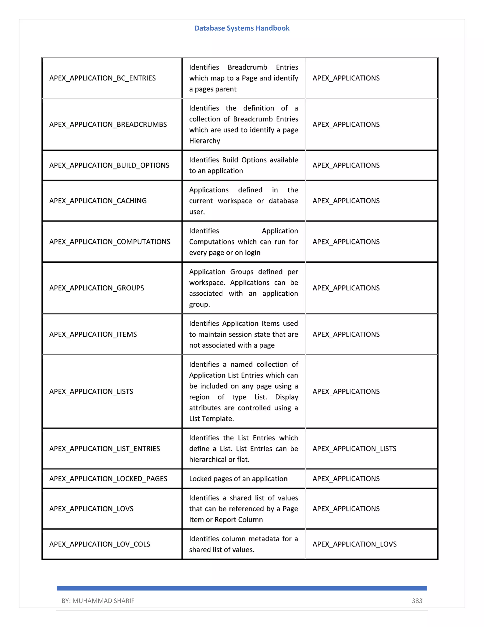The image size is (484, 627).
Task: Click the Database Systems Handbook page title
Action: (x=242, y=28)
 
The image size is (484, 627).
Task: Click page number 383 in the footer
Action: (x=417, y=601)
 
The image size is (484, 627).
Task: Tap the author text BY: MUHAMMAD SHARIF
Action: (x=98, y=601)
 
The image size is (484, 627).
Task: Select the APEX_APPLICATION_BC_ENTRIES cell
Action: (x=102, y=78)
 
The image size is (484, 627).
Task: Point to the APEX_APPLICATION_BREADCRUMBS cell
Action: (x=108, y=124)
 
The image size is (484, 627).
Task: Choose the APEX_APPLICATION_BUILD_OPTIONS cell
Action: (x=109, y=165)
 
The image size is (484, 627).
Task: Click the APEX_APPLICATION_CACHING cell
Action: (x=98, y=201)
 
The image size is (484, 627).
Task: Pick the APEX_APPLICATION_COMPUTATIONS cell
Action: (x=109, y=242)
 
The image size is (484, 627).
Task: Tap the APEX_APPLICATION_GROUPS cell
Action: (x=97, y=288)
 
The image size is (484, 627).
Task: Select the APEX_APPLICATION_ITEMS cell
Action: (x=93, y=334)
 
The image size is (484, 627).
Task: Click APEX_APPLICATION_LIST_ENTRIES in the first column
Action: (x=105, y=448)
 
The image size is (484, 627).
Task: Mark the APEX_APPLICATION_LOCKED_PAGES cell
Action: (x=108, y=479)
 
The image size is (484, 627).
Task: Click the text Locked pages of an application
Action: (x=238, y=479)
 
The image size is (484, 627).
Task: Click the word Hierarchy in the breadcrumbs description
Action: (x=204, y=141)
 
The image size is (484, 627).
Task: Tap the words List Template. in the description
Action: (x=211, y=419)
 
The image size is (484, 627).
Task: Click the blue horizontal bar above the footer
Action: (x=242, y=588)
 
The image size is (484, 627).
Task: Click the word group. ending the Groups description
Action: (x=199, y=304)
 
